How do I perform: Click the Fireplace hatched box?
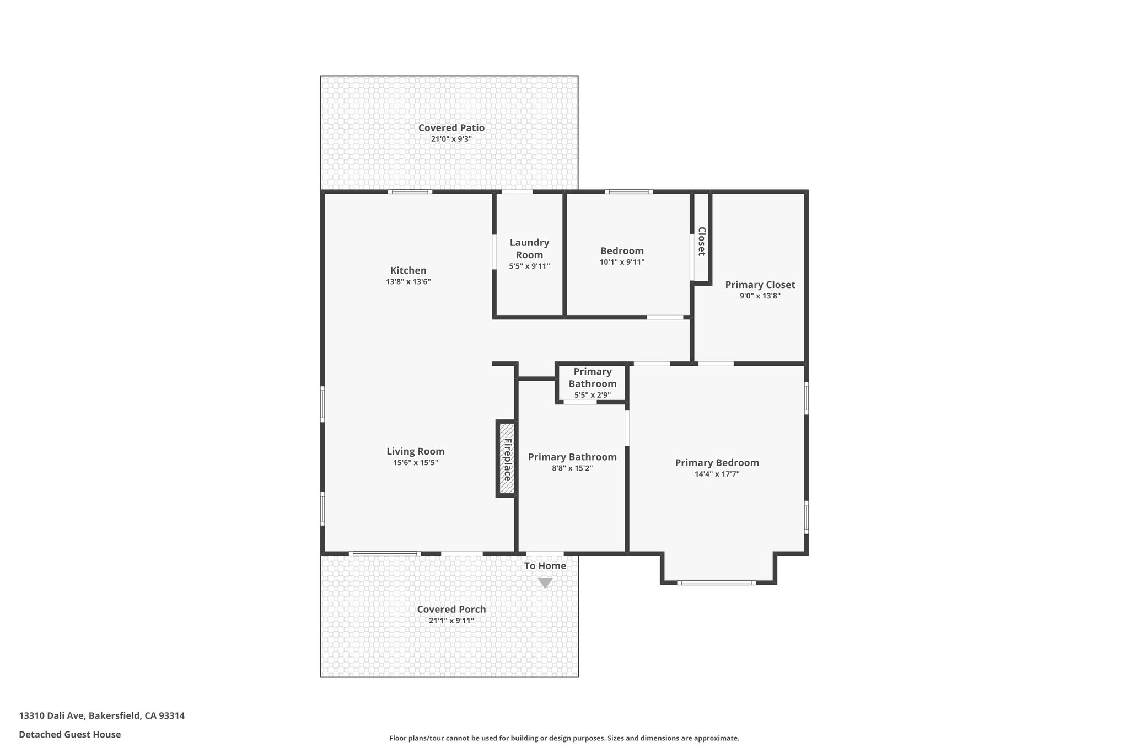(x=507, y=458)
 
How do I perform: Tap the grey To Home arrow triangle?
(x=545, y=583)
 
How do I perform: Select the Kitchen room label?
(x=408, y=270)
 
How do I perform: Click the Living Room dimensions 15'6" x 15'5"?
(x=415, y=463)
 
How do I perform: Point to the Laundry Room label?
(x=529, y=249)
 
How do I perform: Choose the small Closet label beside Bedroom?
(x=701, y=242)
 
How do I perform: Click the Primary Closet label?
(x=760, y=285)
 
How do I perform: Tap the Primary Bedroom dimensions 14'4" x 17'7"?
(x=717, y=474)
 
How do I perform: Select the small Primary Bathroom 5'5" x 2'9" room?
(x=592, y=383)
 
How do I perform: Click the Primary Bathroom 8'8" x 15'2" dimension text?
(x=572, y=468)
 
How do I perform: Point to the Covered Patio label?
(x=451, y=127)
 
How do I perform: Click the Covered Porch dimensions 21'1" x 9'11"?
(x=451, y=621)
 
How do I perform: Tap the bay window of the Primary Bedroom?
(x=716, y=583)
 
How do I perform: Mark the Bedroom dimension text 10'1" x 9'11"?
(x=622, y=263)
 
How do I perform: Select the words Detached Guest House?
(x=70, y=734)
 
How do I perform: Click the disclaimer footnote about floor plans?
(x=564, y=738)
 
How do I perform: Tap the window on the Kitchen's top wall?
(x=410, y=191)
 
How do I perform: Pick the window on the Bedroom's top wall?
(x=628, y=191)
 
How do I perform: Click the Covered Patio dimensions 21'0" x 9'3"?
(x=451, y=139)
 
